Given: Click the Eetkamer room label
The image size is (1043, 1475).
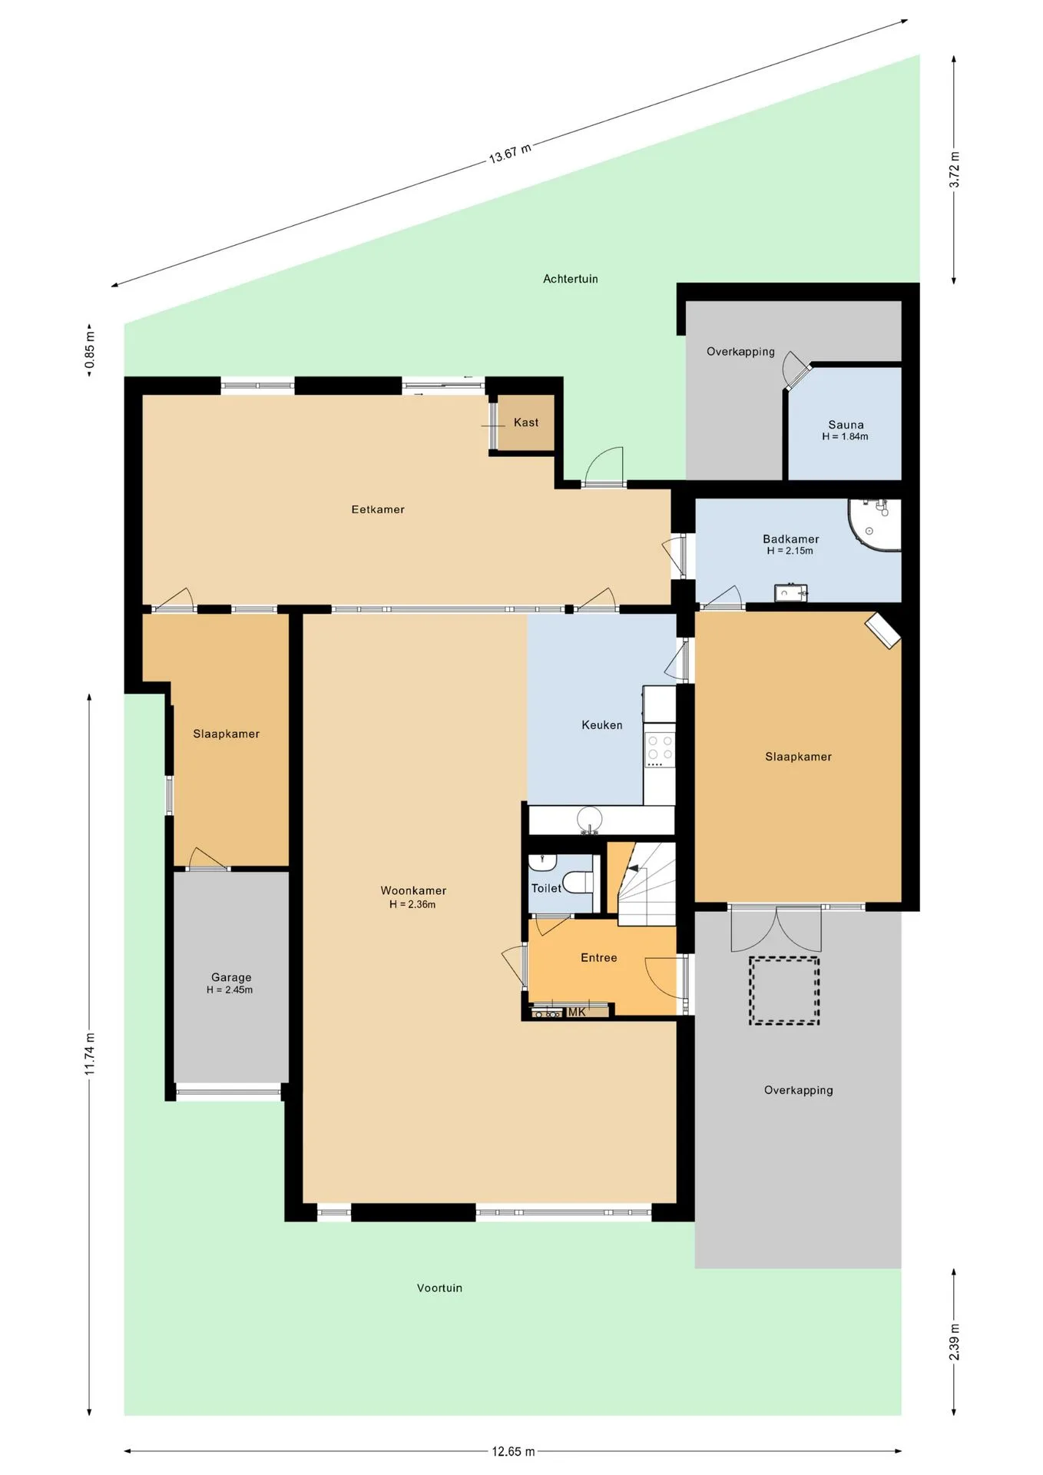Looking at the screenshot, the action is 378,509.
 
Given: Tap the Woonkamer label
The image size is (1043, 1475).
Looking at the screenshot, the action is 413,890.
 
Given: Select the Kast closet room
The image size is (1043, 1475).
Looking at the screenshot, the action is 526,423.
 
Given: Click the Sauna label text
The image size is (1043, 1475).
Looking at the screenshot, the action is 846,425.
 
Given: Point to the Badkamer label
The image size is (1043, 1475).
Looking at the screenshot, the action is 791,539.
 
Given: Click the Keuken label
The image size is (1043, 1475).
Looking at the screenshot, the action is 602,725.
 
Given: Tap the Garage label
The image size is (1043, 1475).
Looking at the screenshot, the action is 231,977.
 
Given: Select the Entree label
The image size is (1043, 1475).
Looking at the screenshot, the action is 599,957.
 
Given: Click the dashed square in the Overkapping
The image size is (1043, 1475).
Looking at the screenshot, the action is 784,990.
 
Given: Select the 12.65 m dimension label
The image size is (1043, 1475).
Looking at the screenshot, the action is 513,1451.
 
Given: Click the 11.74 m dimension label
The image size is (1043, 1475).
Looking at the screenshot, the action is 90,1055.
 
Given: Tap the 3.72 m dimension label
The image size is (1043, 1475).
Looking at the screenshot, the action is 954,170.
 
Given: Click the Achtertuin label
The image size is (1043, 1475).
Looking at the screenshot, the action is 571,279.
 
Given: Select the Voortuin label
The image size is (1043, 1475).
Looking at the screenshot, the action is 440,1288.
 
